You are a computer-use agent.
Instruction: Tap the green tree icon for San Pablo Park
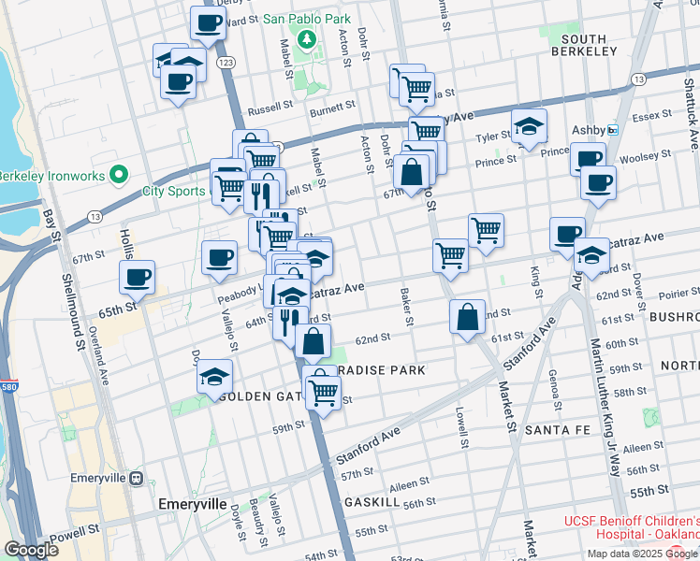pos(305,39)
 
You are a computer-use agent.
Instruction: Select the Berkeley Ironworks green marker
pos(118,174)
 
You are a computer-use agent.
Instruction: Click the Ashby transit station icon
pos(613,130)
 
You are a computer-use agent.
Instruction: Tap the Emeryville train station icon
pos(137,478)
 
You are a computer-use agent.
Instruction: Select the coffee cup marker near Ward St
pos(208,22)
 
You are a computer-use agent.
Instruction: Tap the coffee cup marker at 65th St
pos(138,277)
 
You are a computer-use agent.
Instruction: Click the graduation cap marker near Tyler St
pos(529,126)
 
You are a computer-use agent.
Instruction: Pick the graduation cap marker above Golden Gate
pos(214,377)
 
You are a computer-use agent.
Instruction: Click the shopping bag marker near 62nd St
pos(467,317)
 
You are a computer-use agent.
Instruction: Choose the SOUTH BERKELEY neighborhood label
pos(585,44)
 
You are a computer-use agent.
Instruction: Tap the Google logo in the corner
pos(31,550)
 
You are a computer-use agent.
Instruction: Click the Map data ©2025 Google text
pos(642,553)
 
